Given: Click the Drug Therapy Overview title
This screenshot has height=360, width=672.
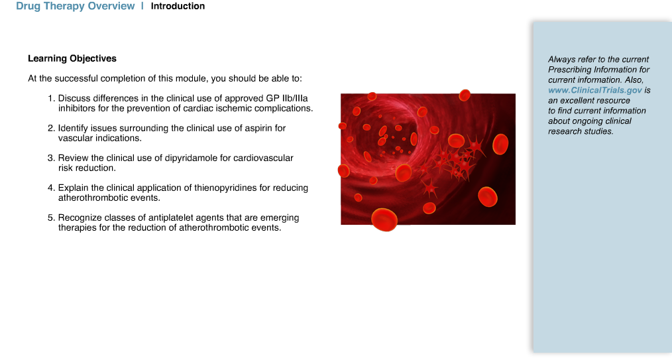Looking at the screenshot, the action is coord(75,6).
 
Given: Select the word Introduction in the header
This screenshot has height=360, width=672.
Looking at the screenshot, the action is coord(178,6).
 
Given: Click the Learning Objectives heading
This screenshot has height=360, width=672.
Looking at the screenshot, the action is coord(72,59).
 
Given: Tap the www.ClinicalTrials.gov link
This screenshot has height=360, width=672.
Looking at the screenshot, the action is coord(595,90).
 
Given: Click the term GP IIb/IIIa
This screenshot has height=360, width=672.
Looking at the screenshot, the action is coord(287,99).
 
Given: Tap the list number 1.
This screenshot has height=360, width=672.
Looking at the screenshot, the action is coord(51,99).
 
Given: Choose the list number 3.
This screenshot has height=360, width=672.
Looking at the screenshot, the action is coord(51,158).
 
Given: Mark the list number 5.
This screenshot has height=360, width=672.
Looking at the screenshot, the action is coord(51,217).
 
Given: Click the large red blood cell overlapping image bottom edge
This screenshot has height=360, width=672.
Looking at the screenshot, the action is coord(384,219).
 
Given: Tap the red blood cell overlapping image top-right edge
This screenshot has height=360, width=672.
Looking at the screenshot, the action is coord(465,95).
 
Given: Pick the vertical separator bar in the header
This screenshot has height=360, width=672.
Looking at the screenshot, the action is coord(142,6).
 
